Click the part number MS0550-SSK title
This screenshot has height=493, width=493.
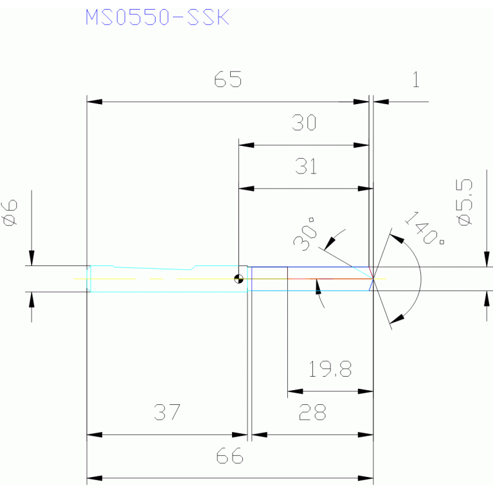click(157, 17)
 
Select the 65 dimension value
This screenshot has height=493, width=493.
click(228, 79)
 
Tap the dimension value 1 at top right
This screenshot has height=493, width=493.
click(416, 79)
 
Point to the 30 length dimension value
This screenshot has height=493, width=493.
click(304, 122)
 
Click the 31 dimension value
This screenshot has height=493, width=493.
click(305, 166)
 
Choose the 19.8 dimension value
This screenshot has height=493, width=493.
click(330, 368)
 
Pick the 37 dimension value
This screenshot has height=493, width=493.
click(167, 412)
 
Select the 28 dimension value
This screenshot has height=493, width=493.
click(312, 412)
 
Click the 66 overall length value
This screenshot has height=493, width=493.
click(229, 456)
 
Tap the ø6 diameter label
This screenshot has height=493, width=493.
click(10, 213)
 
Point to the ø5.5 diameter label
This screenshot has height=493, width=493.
click(464, 202)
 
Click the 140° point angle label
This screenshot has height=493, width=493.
click(424, 228)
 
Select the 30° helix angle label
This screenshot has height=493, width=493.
click(305, 234)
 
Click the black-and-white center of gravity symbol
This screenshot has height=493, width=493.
click(238, 278)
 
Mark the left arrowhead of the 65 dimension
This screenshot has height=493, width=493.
click(94, 102)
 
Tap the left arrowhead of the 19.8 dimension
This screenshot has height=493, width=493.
click(295, 391)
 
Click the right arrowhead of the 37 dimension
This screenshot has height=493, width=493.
click(240, 435)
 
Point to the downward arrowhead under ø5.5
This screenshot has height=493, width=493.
click(487, 259)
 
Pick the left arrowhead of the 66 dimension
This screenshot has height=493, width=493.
click(94, 478)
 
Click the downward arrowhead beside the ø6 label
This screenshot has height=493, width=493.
click(31, 258)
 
